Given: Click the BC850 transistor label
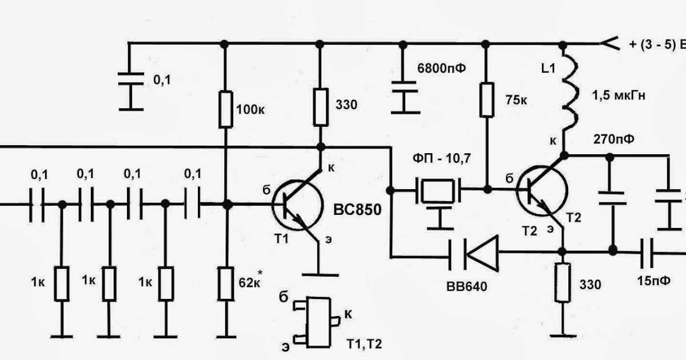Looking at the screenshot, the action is click(357, 210).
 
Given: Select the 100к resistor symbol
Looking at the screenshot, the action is click(226, 109).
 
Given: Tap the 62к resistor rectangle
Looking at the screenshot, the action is click(226, 283).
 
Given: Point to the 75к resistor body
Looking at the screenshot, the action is click(486, 100).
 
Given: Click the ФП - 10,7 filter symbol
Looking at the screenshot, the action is click(438, 191).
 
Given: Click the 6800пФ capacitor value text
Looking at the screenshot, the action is click(441, 68).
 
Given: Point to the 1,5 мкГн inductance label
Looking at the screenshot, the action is click(619, 95).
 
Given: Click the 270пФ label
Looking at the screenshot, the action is click(614, 139).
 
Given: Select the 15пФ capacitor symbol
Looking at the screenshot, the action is click(647, 253).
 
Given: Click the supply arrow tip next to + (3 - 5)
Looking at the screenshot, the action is click(601, 44).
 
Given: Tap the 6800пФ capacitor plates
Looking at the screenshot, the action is click(405, 87).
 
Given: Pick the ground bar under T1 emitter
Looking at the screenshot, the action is click(320, 275).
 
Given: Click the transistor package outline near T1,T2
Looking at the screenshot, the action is click(318, 322).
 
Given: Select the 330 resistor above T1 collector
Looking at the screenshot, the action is click(321, 107).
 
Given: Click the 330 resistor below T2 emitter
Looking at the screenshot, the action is click(563, 282).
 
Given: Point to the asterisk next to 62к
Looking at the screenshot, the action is click(260, 272).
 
